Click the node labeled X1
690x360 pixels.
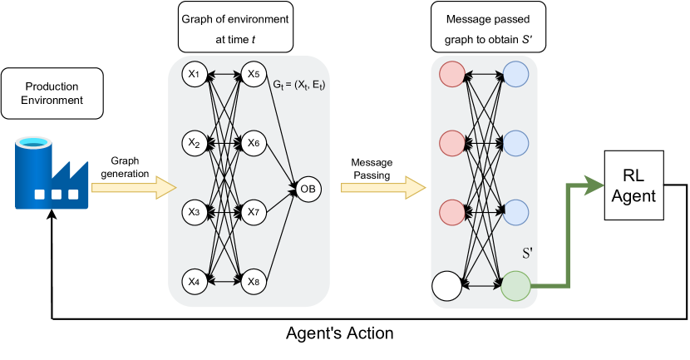(195, 74)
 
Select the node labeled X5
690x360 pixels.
(254, 74)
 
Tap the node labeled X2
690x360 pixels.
(195, 143)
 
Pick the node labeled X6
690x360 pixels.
(254, 143)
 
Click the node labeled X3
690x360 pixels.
(195, 212)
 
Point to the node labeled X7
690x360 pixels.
(254, 212)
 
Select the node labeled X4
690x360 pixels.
(195, 282)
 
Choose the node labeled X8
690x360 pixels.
(254, 282)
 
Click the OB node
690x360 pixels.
(308, 190)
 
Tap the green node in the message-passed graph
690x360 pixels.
(515, 286)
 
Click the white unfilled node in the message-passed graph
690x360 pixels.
(447, 286)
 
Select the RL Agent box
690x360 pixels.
(634, 185)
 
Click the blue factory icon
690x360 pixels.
(52, 173)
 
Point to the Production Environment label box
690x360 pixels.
(52, 93)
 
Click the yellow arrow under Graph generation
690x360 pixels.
(134, 187)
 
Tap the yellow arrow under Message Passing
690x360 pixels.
(383, 187)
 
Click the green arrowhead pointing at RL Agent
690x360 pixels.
(595, 185)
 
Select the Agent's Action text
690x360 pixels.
(340, 333)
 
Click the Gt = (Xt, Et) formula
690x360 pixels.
(299, 85)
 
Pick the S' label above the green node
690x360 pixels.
(527, 253)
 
